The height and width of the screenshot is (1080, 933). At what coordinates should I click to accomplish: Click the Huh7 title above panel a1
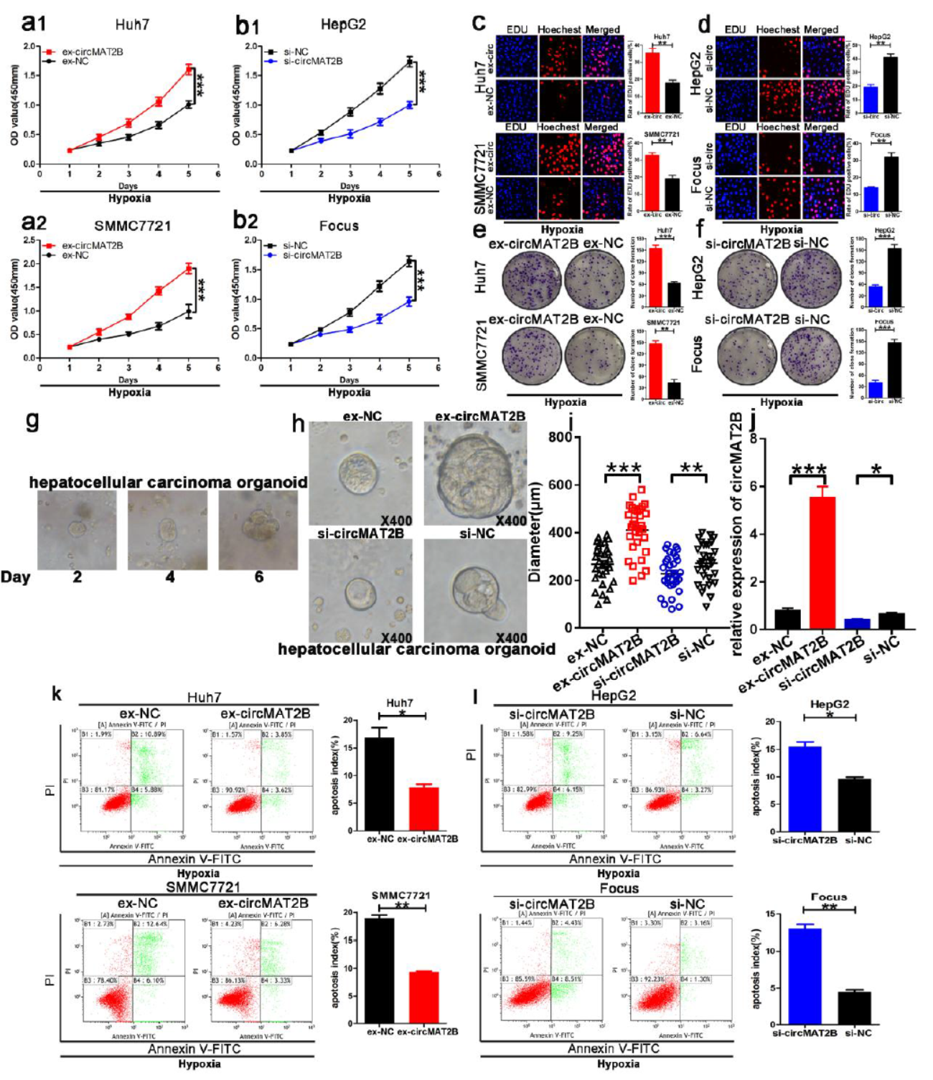pos(132,24)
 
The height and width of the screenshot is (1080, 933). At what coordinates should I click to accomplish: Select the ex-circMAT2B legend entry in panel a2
pos(92,245)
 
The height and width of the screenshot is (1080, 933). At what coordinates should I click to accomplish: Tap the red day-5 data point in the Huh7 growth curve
pos(189,70)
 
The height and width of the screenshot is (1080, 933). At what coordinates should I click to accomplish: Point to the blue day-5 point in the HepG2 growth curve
pos(409,105)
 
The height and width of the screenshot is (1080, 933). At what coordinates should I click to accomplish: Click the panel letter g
pos(32,420)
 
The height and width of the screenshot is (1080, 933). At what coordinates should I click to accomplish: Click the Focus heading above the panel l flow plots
pos(619,889)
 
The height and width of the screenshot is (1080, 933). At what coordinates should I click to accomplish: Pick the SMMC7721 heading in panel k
pos(203,887)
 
